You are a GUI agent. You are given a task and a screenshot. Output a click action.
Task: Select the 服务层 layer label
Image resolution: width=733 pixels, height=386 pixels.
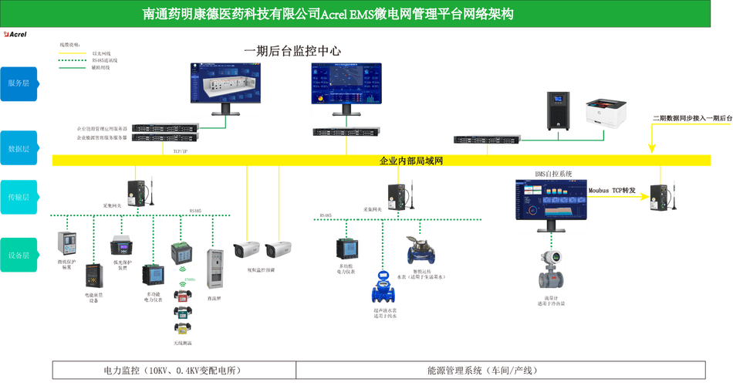point(19,83)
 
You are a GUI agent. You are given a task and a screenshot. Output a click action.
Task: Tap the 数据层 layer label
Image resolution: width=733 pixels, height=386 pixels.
point(19,147)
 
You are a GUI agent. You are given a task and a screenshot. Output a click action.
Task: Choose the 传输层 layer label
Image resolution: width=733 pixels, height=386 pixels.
point(19,198)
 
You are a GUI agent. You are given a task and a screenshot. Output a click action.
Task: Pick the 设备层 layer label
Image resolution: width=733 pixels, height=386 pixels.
point(19,255)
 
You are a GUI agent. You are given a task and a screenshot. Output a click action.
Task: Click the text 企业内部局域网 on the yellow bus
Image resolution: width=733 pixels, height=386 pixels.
point(410,161)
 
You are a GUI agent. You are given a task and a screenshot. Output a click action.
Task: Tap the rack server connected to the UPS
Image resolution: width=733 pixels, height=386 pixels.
point(487,139)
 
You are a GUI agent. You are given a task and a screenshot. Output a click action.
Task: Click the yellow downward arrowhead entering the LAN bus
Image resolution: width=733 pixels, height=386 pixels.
point(653,146)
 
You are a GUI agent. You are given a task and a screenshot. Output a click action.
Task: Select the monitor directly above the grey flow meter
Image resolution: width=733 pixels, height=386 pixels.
point(551,204)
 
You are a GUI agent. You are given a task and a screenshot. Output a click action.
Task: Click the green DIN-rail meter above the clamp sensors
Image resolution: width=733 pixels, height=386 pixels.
point(182,252)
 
